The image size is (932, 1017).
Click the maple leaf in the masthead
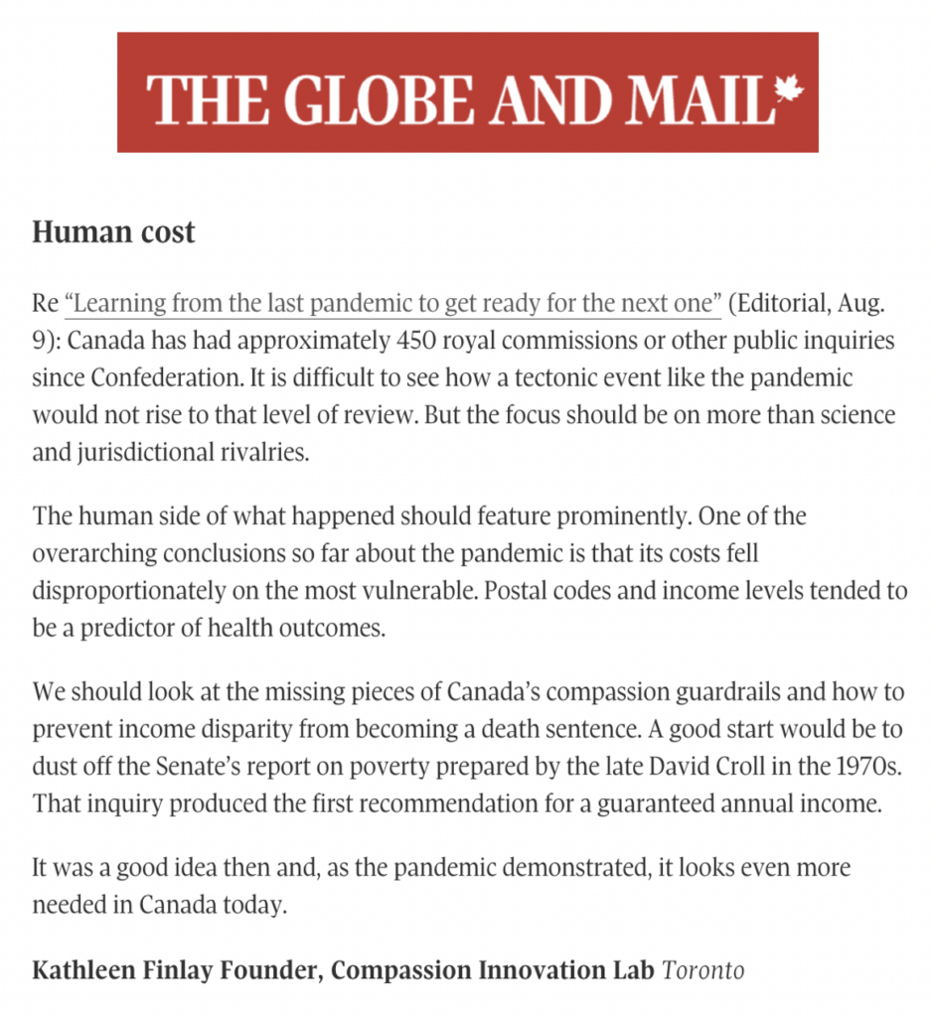coord(789,91)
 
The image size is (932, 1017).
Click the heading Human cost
coord(114,232)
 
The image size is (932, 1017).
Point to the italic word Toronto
coord(703,968)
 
